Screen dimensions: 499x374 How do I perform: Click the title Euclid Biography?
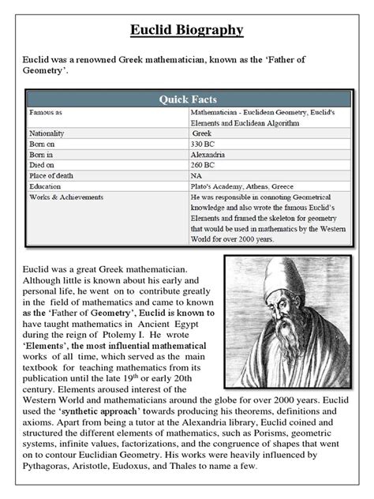click(187, 31)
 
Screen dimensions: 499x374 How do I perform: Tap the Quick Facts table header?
click(187, 99)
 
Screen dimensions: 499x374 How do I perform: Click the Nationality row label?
click(47, 133)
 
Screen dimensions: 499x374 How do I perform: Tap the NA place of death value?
click(199, 178)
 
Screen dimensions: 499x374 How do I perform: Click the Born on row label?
click(43, 145)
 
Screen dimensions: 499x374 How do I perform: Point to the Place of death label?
click(51, 178)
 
